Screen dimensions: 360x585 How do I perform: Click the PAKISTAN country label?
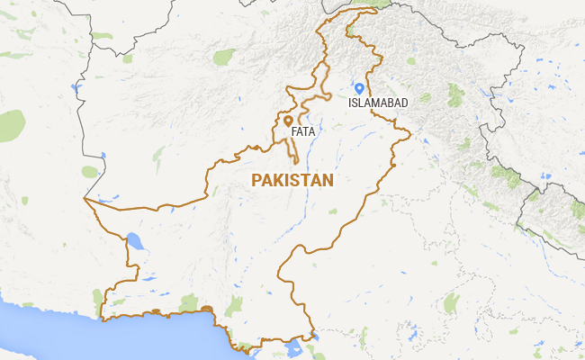[x=292, y=181]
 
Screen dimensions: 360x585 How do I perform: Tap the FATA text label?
[x=302, y=132]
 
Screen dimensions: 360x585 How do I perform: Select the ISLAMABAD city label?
[x=378, y=103]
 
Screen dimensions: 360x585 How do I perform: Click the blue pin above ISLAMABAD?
[x=359, y=88]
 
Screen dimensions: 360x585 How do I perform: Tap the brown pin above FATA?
[x=288, y=120]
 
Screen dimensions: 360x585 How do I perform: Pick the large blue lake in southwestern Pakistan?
[x=135, y=240]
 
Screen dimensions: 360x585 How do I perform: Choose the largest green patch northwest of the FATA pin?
[x=223, y=58]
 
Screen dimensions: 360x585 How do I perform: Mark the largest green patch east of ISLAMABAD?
[x=455, y=90]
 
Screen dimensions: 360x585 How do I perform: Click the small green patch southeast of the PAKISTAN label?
[x=333, y=212]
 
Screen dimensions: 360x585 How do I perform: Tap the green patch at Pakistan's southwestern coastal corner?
[x=98, y=296]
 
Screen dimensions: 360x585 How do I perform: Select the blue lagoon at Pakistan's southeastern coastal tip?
[x=292, y=346]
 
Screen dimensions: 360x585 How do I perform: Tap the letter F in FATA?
[x=294, y=132]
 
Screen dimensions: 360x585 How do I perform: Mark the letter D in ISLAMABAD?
[x=404, y=103]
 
